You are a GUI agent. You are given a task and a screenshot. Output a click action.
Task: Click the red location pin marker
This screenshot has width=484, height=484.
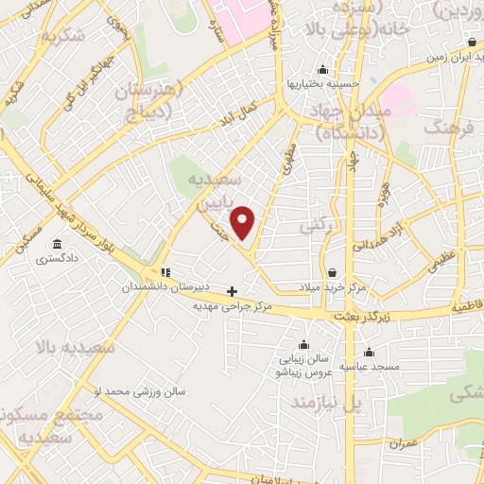pos(244,221)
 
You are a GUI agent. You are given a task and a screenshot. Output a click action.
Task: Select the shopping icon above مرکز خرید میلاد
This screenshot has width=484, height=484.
pos(331,272)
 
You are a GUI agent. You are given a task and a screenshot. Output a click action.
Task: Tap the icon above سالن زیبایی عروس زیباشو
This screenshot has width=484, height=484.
pos(303,344)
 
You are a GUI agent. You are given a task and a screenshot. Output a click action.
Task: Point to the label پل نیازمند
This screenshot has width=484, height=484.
pos(326,404)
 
